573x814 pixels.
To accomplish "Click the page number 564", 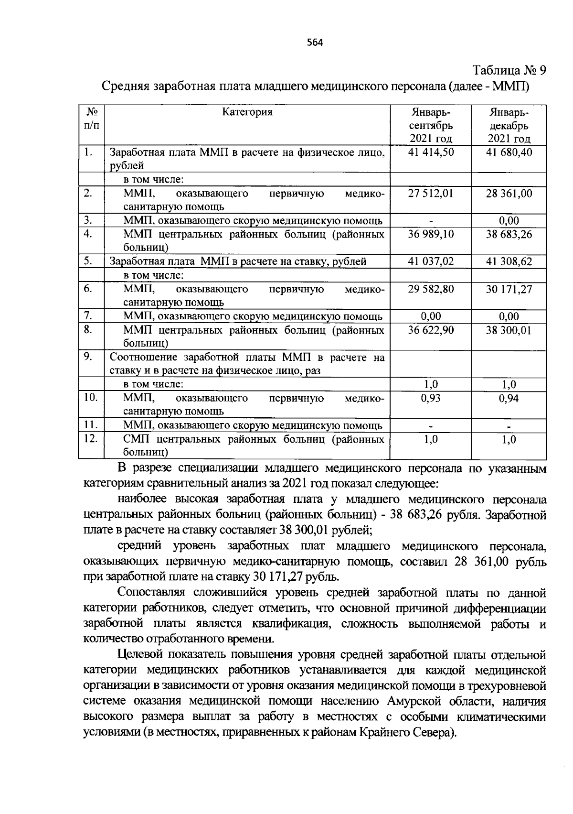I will click(316, 43).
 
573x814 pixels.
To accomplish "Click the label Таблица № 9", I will click(509, 71).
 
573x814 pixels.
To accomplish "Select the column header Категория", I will click(247, 112).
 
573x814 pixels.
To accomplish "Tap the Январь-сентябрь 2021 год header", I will click(431, 126).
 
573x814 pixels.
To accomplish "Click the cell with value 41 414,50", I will click(431, 152).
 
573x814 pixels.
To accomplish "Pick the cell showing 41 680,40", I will click(509, 152).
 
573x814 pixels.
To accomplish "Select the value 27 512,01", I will click(431, 194).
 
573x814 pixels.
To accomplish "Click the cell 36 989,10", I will click(431, 235).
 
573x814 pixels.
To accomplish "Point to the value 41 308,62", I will click(509, 261).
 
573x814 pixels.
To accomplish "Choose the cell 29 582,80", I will click(431, 289).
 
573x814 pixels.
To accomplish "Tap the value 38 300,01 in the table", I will click(509, 330).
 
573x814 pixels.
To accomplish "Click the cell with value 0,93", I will click(431, 398).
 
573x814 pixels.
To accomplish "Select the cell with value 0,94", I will click(509, 398).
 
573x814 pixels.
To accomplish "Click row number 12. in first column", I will click(90, 438).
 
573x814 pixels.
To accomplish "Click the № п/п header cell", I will click(92, 119).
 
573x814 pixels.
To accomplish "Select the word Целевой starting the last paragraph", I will click(141, 654).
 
